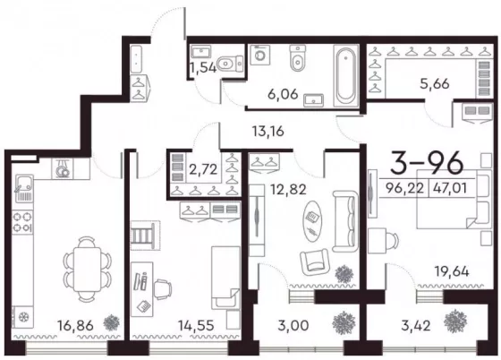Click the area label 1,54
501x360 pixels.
[203, 68]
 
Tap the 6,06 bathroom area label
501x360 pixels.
[283, 94]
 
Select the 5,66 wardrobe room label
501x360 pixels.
[435, 84]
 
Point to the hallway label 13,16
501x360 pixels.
[267, 131]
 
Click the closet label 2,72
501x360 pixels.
[203, 169]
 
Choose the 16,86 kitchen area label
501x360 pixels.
[75, 326]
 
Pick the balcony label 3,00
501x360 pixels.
[293, 326]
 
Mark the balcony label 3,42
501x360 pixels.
[416, 326]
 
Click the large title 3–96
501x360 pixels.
[427, 164]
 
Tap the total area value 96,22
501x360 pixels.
[404, 188]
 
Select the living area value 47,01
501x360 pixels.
[450, 188]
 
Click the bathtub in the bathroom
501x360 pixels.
[345, 75]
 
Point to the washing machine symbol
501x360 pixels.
[260, 55]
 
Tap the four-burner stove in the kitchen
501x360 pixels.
[22, 222]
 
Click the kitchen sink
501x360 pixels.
[22, 188]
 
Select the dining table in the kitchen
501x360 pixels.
[88, 270]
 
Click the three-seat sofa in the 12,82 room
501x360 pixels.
[344, 221]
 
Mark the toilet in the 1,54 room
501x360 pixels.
[229, 64]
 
